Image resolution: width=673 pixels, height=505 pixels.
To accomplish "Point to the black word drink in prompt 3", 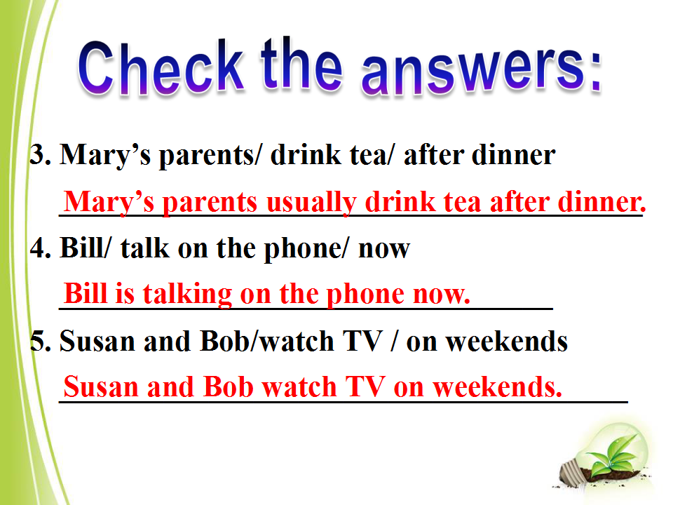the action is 306,154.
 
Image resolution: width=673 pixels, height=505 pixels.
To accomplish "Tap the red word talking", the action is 188,294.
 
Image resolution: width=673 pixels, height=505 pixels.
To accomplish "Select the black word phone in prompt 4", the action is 304,249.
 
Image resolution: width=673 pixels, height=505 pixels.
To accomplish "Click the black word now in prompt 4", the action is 384,250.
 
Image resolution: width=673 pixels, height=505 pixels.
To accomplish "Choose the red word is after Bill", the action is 125,294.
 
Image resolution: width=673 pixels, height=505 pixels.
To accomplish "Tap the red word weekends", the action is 497,386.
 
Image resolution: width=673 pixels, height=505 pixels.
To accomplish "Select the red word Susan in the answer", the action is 101,386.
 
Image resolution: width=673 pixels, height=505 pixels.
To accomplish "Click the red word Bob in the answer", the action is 228,386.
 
